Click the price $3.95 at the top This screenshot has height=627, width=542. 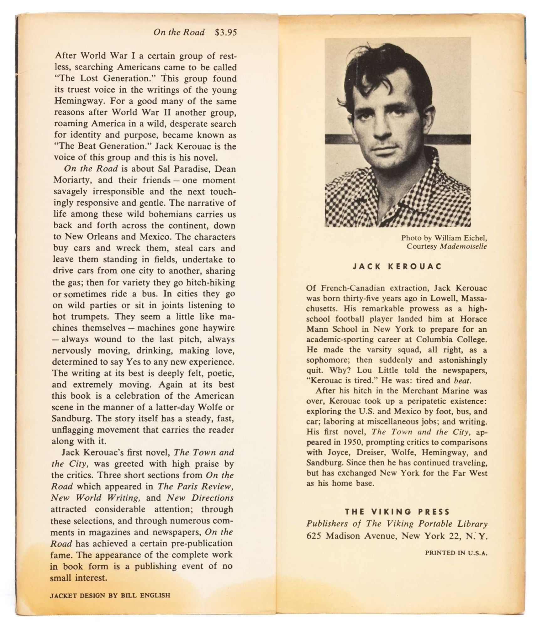tap(226, 32)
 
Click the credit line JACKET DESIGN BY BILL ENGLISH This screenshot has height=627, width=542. tap(110, 595)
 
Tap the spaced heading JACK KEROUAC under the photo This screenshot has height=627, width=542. tap(397, 266)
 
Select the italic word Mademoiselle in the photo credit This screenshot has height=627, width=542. tap(463, 246)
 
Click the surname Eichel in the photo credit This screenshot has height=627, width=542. tap(474, 238)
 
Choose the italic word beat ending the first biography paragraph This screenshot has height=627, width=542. tap(462, 381)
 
